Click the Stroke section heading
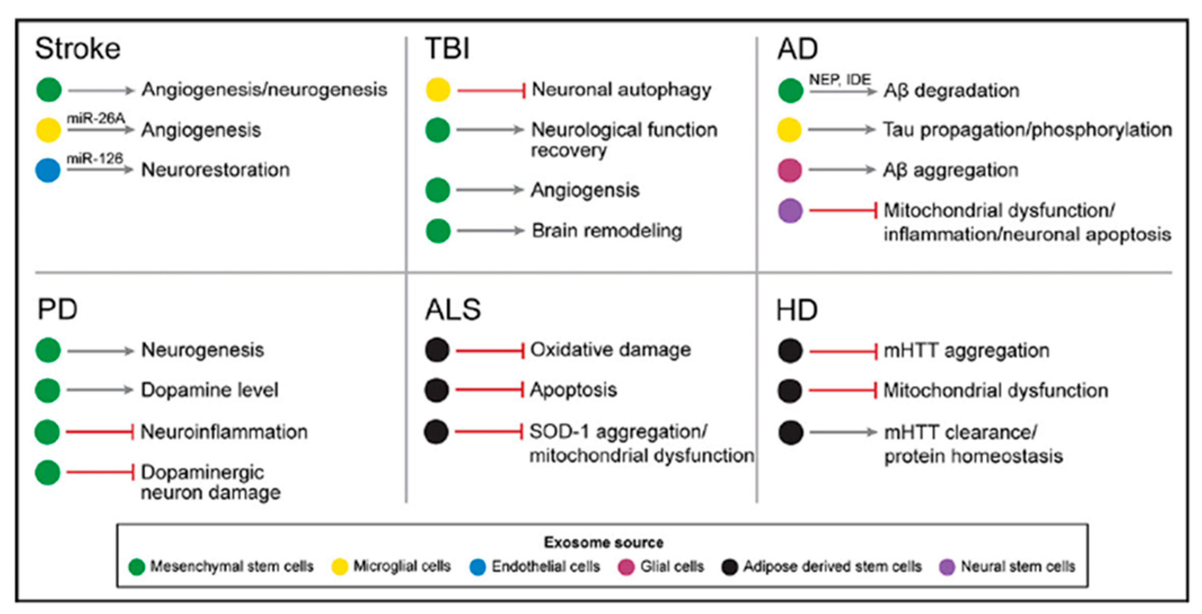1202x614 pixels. [x=78, y=49]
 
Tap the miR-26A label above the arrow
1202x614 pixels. [x=96, y=118]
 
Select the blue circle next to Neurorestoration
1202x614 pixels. [x=48, y=170]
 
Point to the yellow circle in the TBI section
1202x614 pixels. [x=438, y=90]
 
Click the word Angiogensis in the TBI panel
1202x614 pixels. [x=585, y=190]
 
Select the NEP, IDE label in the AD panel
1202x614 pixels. [x=839, y=80]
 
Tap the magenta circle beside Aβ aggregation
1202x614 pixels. [x=790, y=170]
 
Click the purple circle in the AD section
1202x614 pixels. [x=790, y=211]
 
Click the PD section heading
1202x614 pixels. [x=58, y=309]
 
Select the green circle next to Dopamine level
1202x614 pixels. [x=48, y=390]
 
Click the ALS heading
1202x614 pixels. [x=453, y=309]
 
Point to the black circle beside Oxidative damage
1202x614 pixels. [x=437, y=350]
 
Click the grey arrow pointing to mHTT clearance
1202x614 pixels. [x=843, y=433]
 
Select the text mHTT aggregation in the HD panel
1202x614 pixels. [x=966, y=350]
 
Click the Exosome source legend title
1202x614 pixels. [x=603, y=542]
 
